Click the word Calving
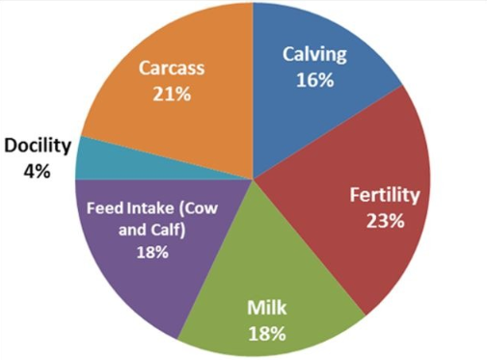[314, 56]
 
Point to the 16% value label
[314, 80]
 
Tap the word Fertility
[384, 196]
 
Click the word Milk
[266, 310]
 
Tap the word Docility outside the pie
[37, 146]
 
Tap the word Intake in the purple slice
[150, 208]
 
